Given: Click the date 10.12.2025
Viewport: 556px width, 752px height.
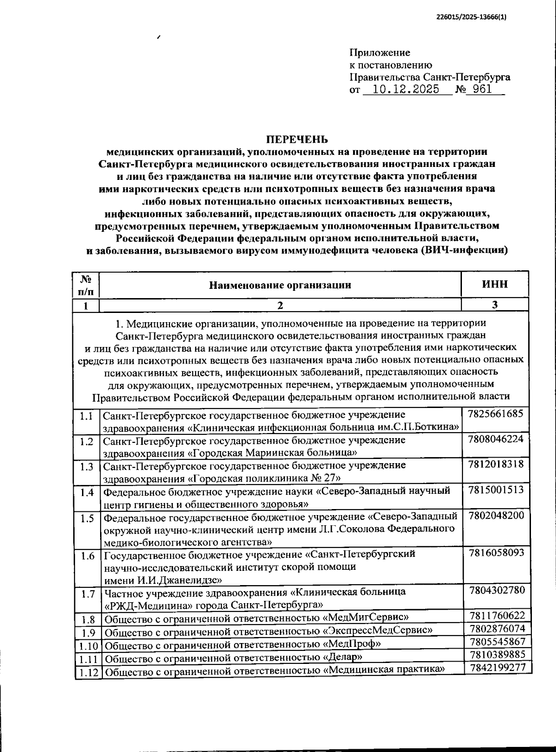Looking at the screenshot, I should pos(405,89).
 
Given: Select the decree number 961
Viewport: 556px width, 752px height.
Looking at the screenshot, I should pos(483,89).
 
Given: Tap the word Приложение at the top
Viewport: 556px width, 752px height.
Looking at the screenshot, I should pos(379,53).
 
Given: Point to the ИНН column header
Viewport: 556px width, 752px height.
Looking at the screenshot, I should pos(494,285).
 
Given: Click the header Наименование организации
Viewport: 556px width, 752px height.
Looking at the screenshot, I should pos(280,285).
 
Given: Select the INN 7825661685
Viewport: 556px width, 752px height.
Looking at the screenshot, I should pos(496,414).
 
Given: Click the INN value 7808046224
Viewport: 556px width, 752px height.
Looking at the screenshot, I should pos(496,439).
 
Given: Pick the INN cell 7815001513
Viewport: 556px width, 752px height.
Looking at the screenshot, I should pos(496,490).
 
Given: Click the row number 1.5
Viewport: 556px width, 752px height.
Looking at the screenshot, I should pos(87,518).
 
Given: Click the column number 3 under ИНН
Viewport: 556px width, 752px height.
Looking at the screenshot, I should pos(494,305).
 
